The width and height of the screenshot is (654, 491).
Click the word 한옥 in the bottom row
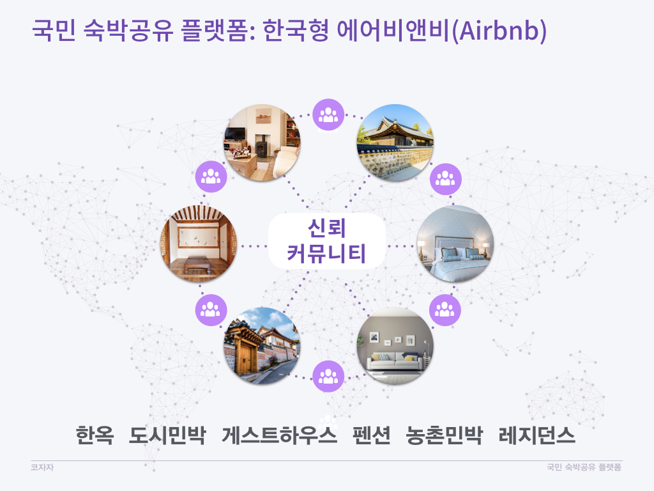click(x=95, y=435)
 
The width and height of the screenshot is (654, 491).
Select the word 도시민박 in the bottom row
click(x=167, y=435)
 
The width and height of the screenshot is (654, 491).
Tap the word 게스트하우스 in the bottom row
click(x=279, y=435)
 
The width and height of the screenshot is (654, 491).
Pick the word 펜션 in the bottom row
click(x=372, y=435)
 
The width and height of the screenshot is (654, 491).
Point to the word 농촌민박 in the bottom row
click(x=445, y=435)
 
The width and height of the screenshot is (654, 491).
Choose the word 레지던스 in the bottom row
click(x=536, y=435)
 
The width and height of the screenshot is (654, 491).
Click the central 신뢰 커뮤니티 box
click(x=326, y=241)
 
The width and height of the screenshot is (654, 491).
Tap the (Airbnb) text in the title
click(x=499, y=31)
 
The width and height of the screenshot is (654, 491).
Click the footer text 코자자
click(x=42, y=467)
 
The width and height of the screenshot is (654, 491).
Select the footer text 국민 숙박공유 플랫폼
click(x=584, y=467)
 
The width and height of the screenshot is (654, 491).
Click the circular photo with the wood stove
click(x=262, y=143)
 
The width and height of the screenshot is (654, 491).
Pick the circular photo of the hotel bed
click(x=455, y=244)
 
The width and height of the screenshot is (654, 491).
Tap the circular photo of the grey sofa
click(x=395, y=346)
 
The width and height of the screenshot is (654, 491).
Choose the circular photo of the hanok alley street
click(x=262, y=346)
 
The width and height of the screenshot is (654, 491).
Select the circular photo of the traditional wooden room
click(x=199, y=244)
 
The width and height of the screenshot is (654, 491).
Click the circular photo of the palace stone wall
click(x=395, y=143)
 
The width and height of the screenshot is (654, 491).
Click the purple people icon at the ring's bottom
click(x=328, y=376)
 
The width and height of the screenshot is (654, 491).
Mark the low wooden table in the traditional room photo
click(x=198, y=265)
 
